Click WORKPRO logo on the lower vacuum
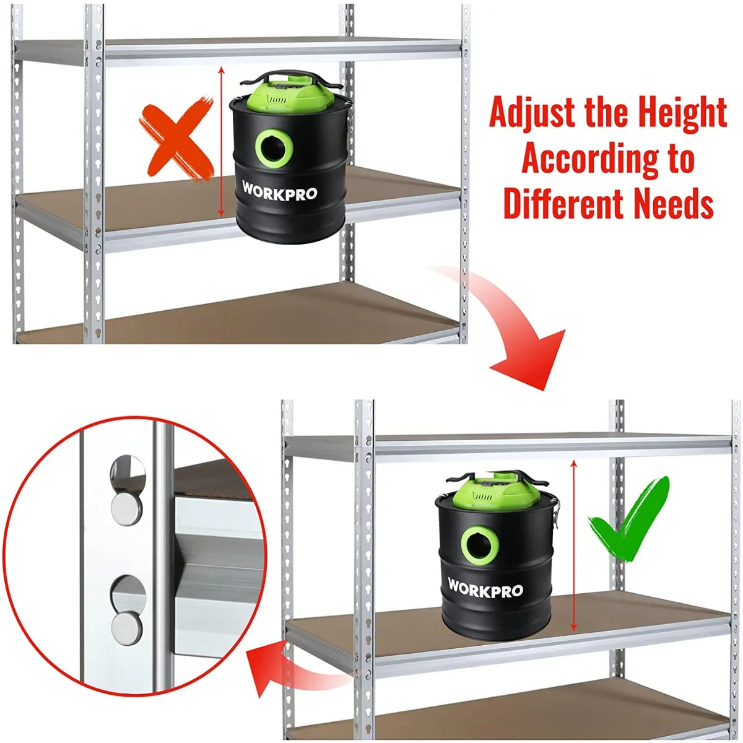pos(485,588)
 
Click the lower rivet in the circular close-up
pos(126,627)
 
